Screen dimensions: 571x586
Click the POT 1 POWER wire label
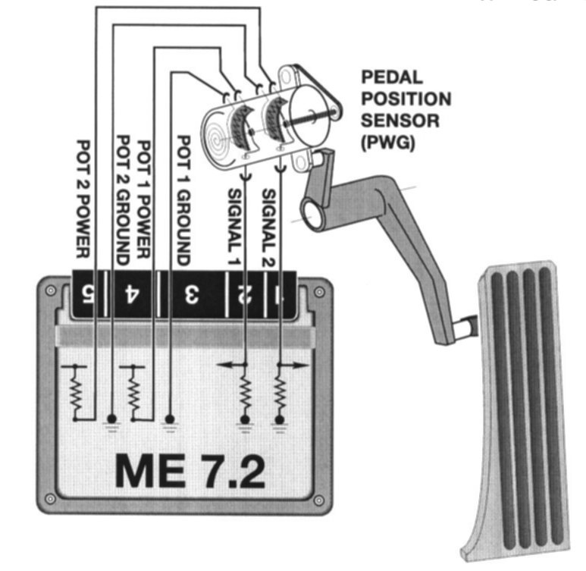pyautogui.click(x=145, y=199)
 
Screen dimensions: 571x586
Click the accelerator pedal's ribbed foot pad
pyautogui.click(x=523, y=402)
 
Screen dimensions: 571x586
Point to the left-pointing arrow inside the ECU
pyautogui.click(x=227, y=365)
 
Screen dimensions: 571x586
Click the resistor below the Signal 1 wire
pyautogui.click(x=245, y=395)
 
